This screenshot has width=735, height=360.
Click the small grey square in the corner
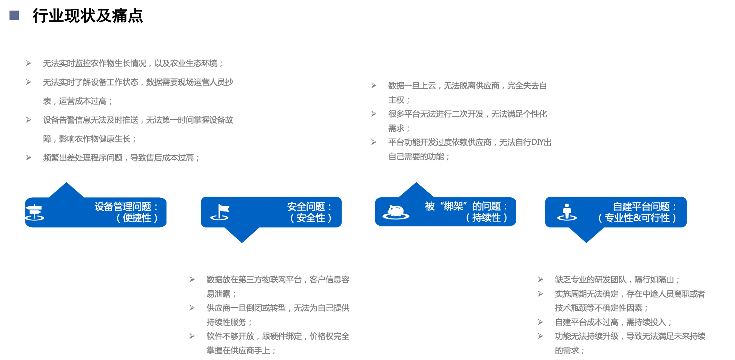14,15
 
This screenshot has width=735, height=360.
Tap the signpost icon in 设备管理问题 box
34,212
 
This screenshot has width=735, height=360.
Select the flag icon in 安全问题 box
220,212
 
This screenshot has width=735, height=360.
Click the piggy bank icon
396,212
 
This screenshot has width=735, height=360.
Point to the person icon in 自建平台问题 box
567,212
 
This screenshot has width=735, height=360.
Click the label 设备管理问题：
126,206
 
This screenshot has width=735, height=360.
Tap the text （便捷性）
137,218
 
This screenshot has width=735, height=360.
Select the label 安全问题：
310,206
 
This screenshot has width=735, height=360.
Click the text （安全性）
310,218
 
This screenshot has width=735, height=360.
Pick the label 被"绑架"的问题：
467,206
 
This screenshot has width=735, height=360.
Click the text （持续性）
486,217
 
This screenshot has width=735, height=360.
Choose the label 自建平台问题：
645,206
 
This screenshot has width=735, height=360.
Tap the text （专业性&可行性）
637,218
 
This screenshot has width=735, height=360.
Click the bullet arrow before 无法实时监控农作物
29,63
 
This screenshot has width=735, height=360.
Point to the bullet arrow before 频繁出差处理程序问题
29,157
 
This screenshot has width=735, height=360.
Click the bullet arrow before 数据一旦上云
374,85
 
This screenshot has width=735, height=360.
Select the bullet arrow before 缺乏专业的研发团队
541,279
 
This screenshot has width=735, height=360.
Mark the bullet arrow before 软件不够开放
192,336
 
